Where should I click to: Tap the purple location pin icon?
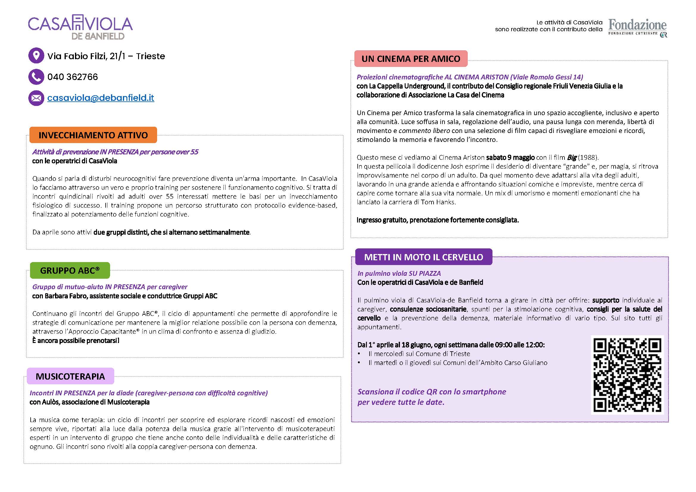coord(36,56)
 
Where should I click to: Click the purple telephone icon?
coord(36,77)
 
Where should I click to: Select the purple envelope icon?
coord(36,98)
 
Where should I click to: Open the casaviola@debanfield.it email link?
coord(101,98)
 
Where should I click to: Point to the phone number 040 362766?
coord(73,77)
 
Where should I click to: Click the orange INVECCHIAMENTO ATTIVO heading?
coord(93,135)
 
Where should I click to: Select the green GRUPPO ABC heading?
coord(70,270)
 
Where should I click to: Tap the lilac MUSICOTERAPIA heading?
coord(70,376)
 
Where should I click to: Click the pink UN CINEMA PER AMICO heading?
coord(411,59)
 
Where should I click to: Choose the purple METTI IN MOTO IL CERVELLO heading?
coord(423,257)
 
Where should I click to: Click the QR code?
coord(627,375)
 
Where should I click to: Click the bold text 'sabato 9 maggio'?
coord(510,158)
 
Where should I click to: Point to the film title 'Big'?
coord(572,158)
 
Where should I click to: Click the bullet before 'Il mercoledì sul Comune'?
coord(359,354)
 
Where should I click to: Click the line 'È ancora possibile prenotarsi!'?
coord(76,341)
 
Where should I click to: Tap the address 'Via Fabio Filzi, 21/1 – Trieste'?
coord(106,56)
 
